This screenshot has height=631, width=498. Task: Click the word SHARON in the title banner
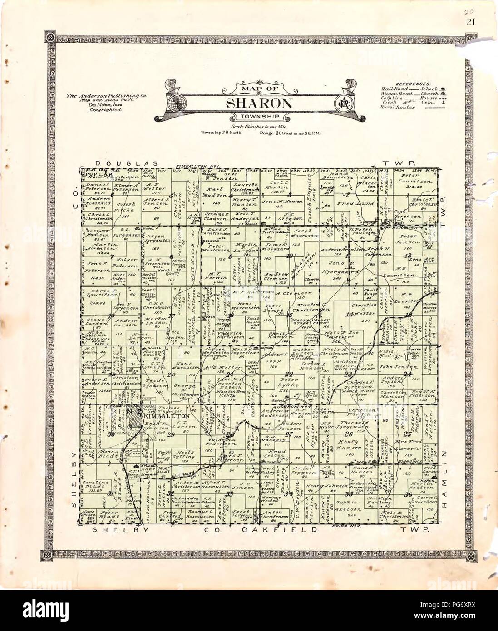(259, 103)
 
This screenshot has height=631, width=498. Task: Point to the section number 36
(408, 494)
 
